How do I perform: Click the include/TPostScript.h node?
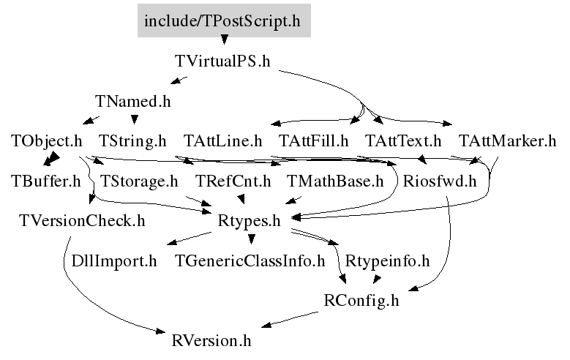click(x=224, y=20)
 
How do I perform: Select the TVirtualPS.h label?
click(x=222, y=61)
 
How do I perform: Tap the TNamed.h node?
click(x=132, y=101)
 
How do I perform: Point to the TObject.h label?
click(x=47, y=141)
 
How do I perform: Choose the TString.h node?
click(x=132, y=141)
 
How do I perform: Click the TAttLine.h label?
click(x=222, y=141)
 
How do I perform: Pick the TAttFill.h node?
click(x=313, y=141)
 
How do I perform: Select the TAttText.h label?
click(x=402, y=141)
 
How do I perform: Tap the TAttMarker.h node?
click(x=508, y=141)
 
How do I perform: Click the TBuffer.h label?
click(x=46, y=181)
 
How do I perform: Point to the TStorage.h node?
click(x=139, y=181)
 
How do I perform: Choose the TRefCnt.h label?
click(x=233, y=181)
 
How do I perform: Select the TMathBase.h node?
click(x=335, y=181)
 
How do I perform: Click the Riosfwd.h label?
click(x=440, y=181)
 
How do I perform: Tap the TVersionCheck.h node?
click(x=82, y=221)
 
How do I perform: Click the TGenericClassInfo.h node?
click(x=250, y=260)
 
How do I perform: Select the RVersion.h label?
click(x=211, y=341)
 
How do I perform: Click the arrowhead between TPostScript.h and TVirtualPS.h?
click(x=225, y=40)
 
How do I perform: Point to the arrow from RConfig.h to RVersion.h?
click(x=290, y=319)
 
